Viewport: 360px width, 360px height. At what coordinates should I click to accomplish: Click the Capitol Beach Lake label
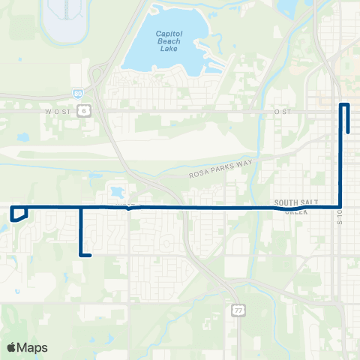click(169, 39)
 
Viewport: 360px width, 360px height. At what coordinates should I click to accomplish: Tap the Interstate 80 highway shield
click(78, 94)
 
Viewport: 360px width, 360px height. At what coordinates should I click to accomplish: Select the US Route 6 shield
click(85, 109)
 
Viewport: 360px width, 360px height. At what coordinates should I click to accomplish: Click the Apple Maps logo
click(27, 347)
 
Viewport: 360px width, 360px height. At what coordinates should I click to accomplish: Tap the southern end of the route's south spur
click(90, 256)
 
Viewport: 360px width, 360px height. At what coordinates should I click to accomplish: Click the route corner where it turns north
click(341, 207)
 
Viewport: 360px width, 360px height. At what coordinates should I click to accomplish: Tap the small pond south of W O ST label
click(23, 138)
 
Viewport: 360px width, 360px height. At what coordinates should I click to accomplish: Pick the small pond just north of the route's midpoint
click(118, 191)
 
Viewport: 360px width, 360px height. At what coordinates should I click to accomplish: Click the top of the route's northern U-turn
click(345, 105)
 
